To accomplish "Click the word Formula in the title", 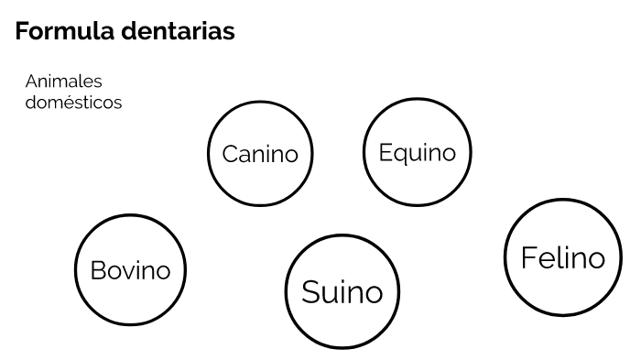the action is [x=69, y=31].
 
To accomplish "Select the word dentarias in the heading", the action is [x=181, y=31].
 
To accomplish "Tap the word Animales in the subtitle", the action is [x=64, y=82].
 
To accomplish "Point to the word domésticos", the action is [x=74, y=103].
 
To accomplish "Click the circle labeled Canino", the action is [x=260, y=153].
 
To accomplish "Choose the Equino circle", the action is [x=417, y=151].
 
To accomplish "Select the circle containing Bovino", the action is [x=130, y=270].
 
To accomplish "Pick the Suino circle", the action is [x=342, y=292].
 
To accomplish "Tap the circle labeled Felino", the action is [x=562, y=257].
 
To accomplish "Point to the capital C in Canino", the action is [x=230, y=154].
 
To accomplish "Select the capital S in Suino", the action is [x=311, y=293].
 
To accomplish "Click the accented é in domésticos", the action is [x=70, y=103].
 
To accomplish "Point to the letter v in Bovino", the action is [x=127, y=272].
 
